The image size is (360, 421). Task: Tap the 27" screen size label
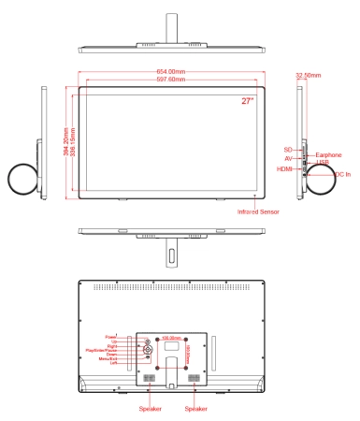point(247,99)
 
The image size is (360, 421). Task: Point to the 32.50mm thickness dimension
point(307,72)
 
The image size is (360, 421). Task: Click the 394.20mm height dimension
point(66,142)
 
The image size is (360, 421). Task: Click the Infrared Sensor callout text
point(258,212)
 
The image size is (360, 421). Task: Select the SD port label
point(288,148)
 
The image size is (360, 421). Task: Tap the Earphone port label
point(327,153)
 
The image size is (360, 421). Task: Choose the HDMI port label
point(284,168)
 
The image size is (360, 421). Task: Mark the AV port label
point(289,158)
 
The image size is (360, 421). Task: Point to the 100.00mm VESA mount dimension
point(170,337)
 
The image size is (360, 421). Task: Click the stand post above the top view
point(171,24)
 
